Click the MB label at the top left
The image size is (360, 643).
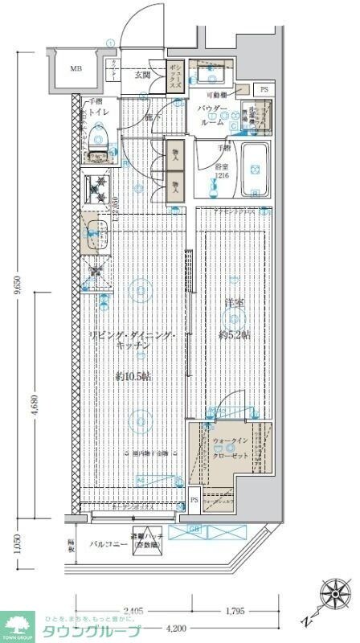[x=76, y=69]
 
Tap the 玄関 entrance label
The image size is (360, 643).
[x=142, y=75]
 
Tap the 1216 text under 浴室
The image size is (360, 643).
[x=221, y=176]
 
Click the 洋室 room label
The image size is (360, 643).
[x=233, y=304]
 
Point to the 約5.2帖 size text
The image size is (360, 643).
[x=234, y=334]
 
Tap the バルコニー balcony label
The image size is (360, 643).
[x=104, y=544]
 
